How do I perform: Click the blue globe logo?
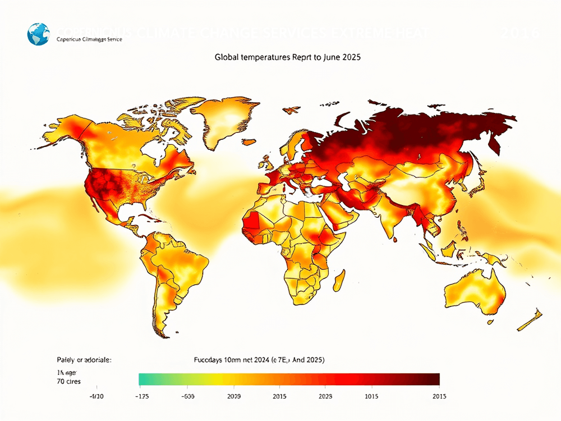[x=38, y=34]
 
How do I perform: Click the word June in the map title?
[x=328, y=57]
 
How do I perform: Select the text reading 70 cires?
[x=68, y=382]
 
